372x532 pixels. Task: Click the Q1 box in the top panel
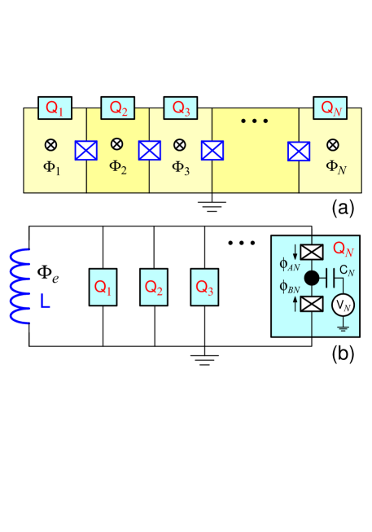coord(55,108)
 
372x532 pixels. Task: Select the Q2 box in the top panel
coord(118,108)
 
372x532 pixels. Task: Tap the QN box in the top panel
coord(331,108)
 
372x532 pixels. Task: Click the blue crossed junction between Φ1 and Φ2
coord(85,151)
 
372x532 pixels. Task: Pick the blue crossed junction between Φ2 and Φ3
coord(149,151)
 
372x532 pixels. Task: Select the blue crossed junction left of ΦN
coord(299,151)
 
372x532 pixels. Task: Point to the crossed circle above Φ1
coord(50,145)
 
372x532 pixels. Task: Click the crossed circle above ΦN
coord(332,145)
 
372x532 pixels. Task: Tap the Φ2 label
coord(118,167)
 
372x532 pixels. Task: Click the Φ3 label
coord(181,168)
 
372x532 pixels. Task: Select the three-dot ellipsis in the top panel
coord(254,121)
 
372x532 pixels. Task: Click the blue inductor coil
coord(20,286)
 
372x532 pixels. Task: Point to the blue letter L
coord(46,301)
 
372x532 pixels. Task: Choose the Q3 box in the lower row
coord(204,287)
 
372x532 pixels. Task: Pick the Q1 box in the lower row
coord(103,287)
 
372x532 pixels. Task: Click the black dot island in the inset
coord(312,278)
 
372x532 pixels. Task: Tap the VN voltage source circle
coord(342,305)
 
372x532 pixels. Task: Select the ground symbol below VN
coord(342,328)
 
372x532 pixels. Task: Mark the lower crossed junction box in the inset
coord(312,304)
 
